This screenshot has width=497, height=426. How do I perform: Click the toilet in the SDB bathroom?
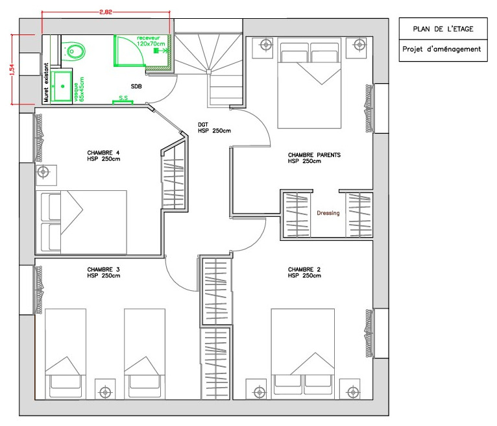coord(73,51)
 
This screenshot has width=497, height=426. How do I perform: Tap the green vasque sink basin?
coord(62,86)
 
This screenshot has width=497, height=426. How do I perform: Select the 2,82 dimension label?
coord(106,12)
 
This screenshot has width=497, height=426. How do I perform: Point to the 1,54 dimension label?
coord(12,69)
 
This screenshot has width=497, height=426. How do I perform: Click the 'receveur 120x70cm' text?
coord(151,41)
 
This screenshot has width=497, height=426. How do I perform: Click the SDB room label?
coord(136,86)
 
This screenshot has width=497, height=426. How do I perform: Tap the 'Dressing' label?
coord(328,213)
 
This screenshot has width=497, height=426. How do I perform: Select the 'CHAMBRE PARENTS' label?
coord(314,155)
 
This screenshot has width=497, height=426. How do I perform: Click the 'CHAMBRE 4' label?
coord(103,153)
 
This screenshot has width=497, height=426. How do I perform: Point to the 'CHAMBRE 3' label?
coord(103,269)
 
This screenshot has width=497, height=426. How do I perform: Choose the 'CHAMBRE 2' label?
coord(304,269)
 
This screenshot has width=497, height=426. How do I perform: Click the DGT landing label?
coord(203,125)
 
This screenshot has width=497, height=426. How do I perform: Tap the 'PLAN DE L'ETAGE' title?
coord(442,29)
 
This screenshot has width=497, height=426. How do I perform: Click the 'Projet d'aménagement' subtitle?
coord(442,49)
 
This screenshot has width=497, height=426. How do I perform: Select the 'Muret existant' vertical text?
coord(46,82)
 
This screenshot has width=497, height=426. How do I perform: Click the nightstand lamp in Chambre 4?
coord(43,172)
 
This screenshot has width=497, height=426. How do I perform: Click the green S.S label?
coord(123,97)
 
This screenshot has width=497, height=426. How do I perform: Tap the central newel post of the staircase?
coord(209,72)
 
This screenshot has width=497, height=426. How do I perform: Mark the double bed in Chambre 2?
coord(303,354)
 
